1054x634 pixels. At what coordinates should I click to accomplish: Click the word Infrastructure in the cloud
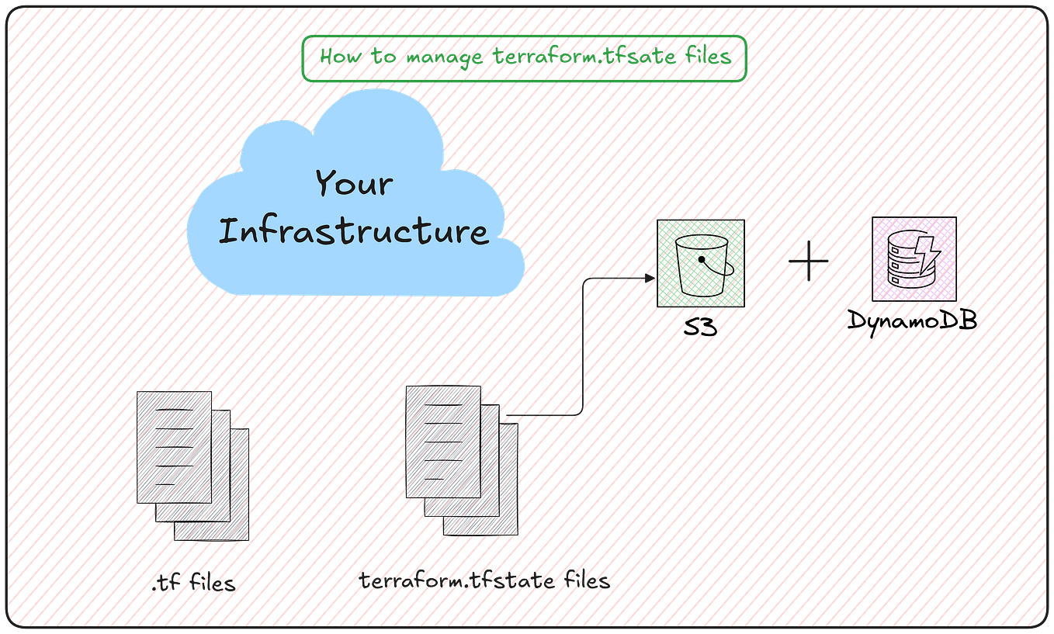coord(354,231)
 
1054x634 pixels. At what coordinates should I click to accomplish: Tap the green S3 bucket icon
coord(701,264)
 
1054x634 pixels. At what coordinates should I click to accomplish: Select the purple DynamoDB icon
coord(914,258)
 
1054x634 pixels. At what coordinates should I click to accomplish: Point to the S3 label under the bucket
coord(701,327)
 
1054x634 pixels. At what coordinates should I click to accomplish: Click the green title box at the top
coord(524,58)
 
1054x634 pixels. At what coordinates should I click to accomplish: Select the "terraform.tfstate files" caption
coord(484,580)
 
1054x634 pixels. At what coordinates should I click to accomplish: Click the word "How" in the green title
coord(335,58)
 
